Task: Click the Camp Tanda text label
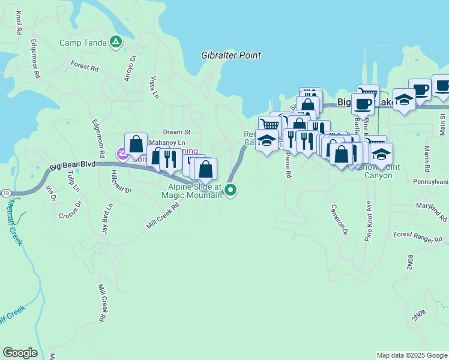pos(83,43)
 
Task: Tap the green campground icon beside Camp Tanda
pos(116,42)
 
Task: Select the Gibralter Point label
pos(231,55)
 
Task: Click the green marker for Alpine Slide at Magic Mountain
pos(231,191)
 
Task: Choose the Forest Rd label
pos(84,65)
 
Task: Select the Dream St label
pos(176,132)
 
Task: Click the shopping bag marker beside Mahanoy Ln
pos(136,145)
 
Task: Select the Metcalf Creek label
pos(13,222)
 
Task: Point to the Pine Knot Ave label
pos(368,221)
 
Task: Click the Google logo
pos(20,353)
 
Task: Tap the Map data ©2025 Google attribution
pos(412,355)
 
